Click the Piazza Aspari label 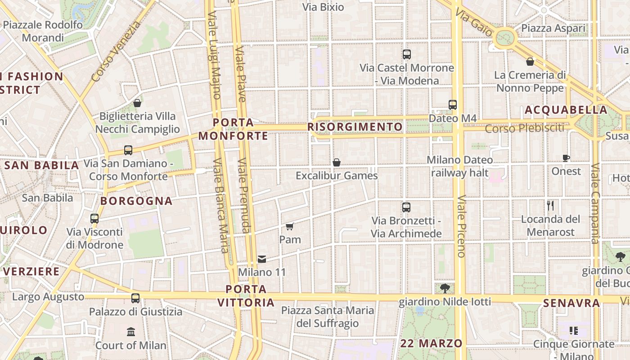point(553,28)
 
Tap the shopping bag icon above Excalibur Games point(336,162)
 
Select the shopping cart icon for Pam point(290,226)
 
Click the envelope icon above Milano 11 point(262,259)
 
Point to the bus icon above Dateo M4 point(453,105)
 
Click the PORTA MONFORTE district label point(233,129)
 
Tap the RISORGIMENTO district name point(355,127)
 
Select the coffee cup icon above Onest point(566,158)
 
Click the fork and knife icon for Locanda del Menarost point(550,206)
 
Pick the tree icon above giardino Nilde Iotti point(445,288)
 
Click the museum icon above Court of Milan point(131,332)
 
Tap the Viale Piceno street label point(461,226)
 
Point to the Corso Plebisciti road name point(524,128)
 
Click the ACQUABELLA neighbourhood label point(566,110)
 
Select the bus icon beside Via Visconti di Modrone point(94,219)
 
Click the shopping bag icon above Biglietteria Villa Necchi point(137,103)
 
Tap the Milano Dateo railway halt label point(459,166)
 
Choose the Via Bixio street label point(323,7)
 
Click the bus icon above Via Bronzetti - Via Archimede point(406,207)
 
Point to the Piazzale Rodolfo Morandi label point(43,31)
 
